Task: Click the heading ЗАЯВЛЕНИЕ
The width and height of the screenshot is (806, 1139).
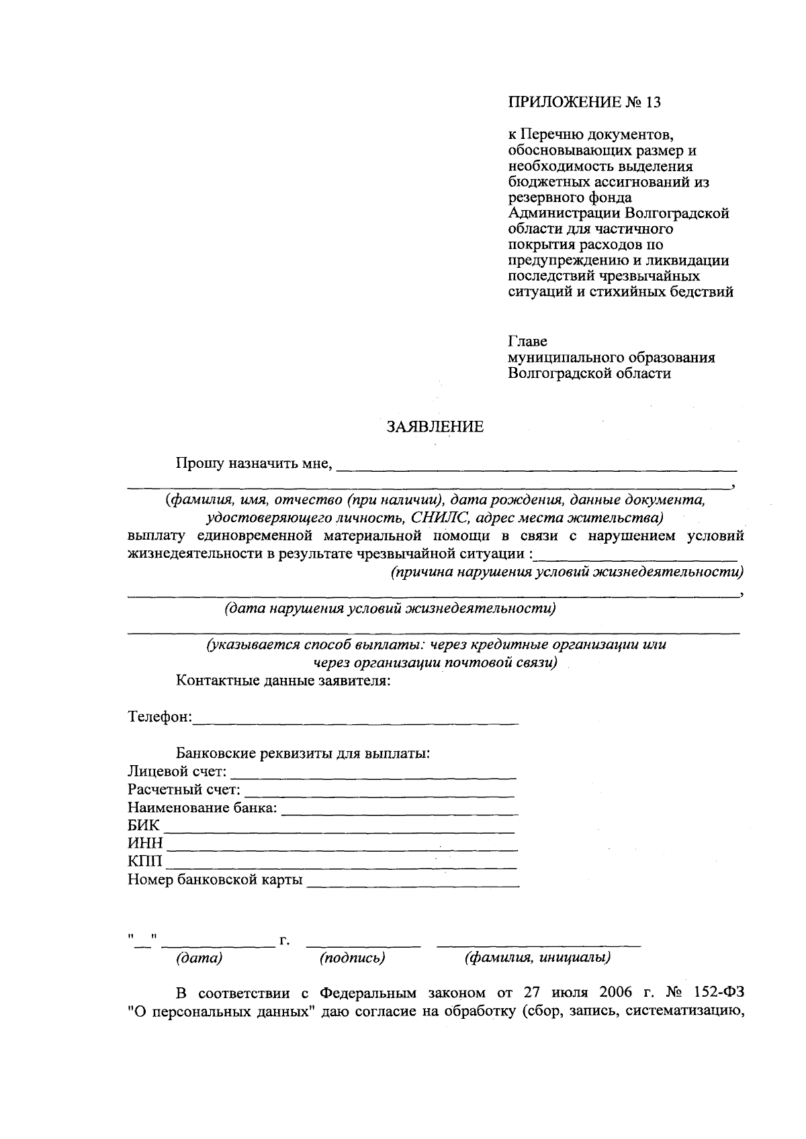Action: [435, 427]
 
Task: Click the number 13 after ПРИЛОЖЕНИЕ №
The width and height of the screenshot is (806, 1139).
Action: [653, 103]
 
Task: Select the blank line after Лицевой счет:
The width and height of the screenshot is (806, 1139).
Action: [373, 773]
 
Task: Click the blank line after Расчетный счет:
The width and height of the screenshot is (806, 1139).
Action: [379, 791]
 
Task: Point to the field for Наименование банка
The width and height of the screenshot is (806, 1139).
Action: [400, 809]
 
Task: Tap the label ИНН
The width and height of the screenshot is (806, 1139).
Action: [145, 844]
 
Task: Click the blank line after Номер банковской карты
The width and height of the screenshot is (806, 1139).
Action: [412, 881]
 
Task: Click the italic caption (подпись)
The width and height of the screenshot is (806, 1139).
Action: [353, 958]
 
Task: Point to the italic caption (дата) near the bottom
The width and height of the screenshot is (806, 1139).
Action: [199, 958]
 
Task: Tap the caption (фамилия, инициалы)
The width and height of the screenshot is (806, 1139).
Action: [537, 958]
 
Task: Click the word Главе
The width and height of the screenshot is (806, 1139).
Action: [527, 341]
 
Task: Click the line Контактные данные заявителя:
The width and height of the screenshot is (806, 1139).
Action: [283, 681]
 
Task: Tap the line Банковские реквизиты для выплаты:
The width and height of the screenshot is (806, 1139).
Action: [303, 753]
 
